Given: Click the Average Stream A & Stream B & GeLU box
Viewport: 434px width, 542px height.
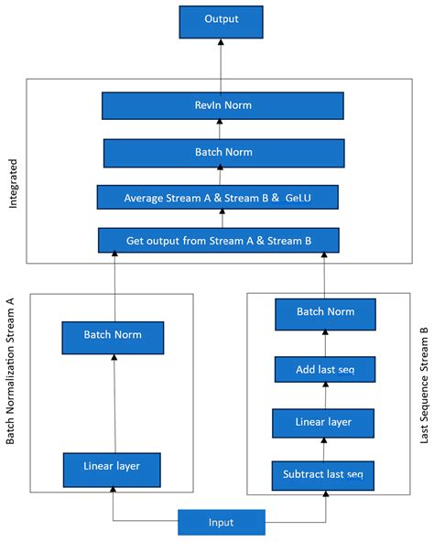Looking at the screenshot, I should coord(219,197).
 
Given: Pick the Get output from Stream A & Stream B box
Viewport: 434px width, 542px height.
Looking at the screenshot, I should coord(219,242).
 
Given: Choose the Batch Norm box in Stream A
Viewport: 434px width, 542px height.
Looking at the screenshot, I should coord(114,336).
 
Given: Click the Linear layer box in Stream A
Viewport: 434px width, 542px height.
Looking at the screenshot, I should coord(114,469).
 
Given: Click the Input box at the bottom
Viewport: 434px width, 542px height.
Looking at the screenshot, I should coord(221,522).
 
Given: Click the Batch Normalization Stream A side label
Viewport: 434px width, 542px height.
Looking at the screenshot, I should coord(12,371).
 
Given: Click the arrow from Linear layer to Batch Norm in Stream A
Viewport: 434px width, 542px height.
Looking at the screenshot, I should coord(114,403).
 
